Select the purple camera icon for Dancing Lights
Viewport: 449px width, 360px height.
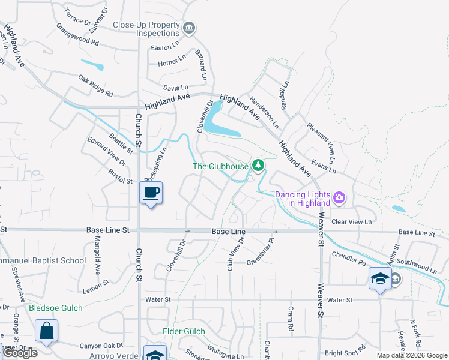(x=340, y=197)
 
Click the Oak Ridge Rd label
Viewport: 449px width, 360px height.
(x=95, y=85)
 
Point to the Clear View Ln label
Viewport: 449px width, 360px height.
(x=352, y=222)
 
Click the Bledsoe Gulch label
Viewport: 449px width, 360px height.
(x=56, y=308)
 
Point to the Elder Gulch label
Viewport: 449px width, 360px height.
(x=184, y=331)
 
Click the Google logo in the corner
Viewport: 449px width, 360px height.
(x=20, y=353)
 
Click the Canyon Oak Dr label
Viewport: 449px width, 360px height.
(x=101, y=346)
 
